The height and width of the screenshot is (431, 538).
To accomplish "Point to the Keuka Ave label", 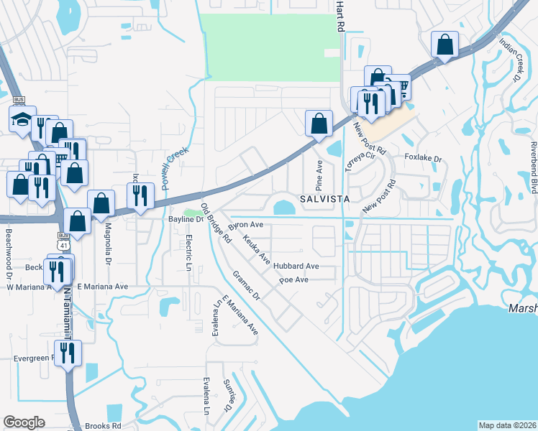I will coord(256,248).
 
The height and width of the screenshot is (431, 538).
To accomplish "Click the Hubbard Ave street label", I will coord(296,267).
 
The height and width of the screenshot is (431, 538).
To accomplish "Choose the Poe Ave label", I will coord(293,280).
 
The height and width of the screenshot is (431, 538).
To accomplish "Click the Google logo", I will coord(24,422).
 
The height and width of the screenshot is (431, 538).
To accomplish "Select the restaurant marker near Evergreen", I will coord(68,353).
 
